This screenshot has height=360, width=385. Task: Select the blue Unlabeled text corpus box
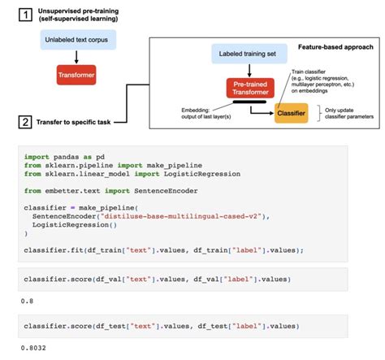tap(76, 39)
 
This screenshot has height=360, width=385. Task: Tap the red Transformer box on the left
tap(76, 76)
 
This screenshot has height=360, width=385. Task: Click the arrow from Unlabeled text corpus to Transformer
tap(76, 57)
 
